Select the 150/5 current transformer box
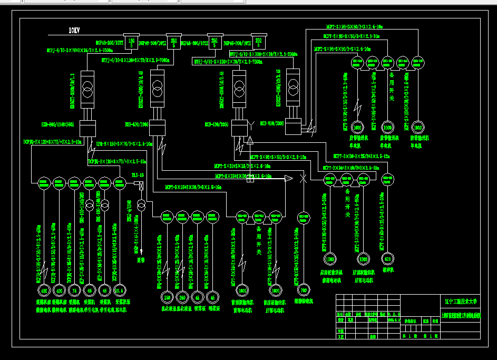[x=132, y=42]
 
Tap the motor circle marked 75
[x=74, y=290]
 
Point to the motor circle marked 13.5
[x=120, y=290]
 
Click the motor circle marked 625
[x=388, y=259]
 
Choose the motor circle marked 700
[x=303, y=290]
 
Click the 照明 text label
[x=141, y=260]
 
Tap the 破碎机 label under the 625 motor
[x=388, y=269]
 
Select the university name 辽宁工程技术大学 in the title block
[x=461, y=302]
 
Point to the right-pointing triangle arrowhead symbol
[x=288, y=179]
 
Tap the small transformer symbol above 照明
[x=141, y=205]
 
